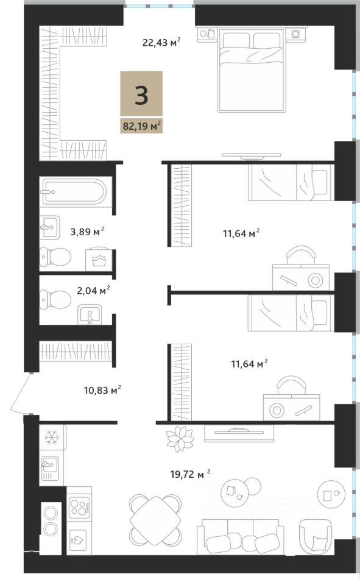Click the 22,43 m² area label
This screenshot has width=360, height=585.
pos(161,42)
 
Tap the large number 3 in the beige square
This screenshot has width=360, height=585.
pos(141,96)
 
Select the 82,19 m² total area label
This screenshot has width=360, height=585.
pos(142,126)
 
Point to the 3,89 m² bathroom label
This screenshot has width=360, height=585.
pos(87,232)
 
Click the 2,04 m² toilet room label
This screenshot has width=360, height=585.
pos(93,290)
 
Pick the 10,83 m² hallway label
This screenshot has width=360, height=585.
pos(102,390)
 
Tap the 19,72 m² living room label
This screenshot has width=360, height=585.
pos(190,474)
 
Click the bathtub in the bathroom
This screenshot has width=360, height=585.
pos(74,192)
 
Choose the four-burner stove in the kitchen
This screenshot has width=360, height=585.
pos(79,506)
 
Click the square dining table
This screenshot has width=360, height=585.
pos(155,519)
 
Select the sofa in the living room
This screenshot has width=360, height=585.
pos(238,536)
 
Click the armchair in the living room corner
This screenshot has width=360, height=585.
pos(316,534)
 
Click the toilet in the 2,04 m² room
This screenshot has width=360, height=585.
pos(55,299)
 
